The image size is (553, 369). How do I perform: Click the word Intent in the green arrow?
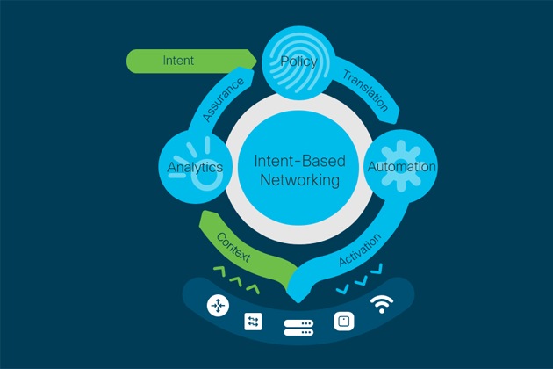click(178, 61)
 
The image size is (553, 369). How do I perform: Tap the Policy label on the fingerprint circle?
click(298, 61)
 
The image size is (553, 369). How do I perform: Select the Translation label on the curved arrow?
click(366, 90)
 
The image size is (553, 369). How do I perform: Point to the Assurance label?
click(223, 100)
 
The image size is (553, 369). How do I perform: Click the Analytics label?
click(195, 168)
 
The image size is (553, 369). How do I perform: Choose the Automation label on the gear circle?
click(402, 166)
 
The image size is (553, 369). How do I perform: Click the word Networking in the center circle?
click(300, 180)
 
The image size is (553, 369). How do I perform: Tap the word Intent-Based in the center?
click(300, 161)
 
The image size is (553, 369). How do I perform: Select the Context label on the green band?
click(233, 247)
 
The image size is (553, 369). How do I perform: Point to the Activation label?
click(360, 250)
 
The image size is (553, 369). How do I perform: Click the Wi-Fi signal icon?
click(382, 304)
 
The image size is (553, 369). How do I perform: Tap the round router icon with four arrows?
click(218, 306)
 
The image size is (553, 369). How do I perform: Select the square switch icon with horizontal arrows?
click(253, 322)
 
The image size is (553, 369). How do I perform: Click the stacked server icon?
click(298, 328)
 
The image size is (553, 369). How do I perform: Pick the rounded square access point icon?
click(344, 322)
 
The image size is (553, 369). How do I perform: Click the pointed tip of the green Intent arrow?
click(256, 61)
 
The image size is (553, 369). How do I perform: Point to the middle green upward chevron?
click(235, 281)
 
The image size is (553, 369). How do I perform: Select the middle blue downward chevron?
click(361, 281)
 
